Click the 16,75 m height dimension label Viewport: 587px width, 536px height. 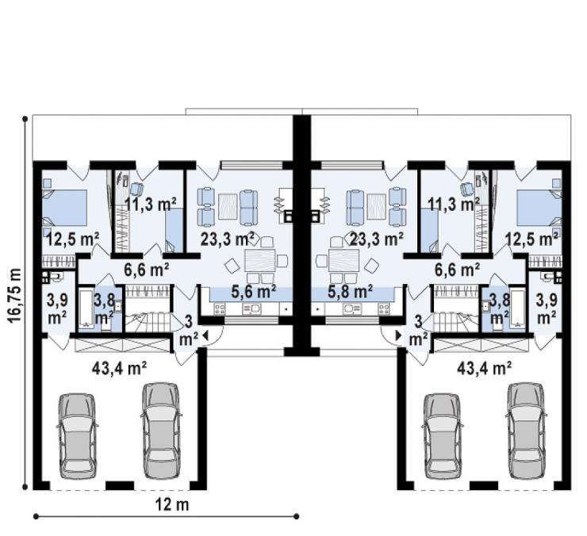(x=13, y=295)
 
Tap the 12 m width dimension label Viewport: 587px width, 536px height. (x=172, y=505)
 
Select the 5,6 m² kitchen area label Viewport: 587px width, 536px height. (x=254, y=291)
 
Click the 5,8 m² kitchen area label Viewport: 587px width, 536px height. (x=350, y=291)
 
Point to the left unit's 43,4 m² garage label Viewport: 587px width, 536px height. (x=119, y=369)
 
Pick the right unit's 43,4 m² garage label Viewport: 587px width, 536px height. (x=485, y=369)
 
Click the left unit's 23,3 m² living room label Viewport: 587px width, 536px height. (x=228, y=239)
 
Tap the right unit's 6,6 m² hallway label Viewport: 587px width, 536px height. (x=457, y=269)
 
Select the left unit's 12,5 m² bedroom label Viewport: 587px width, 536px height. (x=73, y=239)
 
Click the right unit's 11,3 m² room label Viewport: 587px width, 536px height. (x=454, y=205)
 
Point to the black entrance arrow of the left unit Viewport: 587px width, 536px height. (x=205, y=335)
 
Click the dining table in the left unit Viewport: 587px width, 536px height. (x=260, y=261)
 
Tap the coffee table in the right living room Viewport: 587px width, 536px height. (x=377, y=206)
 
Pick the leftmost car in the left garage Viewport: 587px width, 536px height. (x=77, y=436)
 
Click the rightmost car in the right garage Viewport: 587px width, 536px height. (x=526, y=431)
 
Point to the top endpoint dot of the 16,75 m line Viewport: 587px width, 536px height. (x=25, y=119)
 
